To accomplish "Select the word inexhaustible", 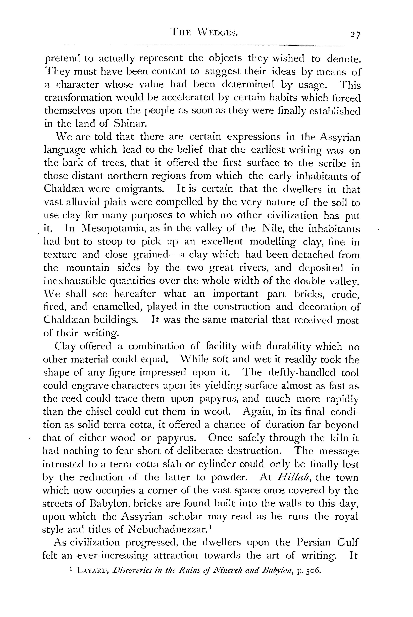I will pos(76,281).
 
